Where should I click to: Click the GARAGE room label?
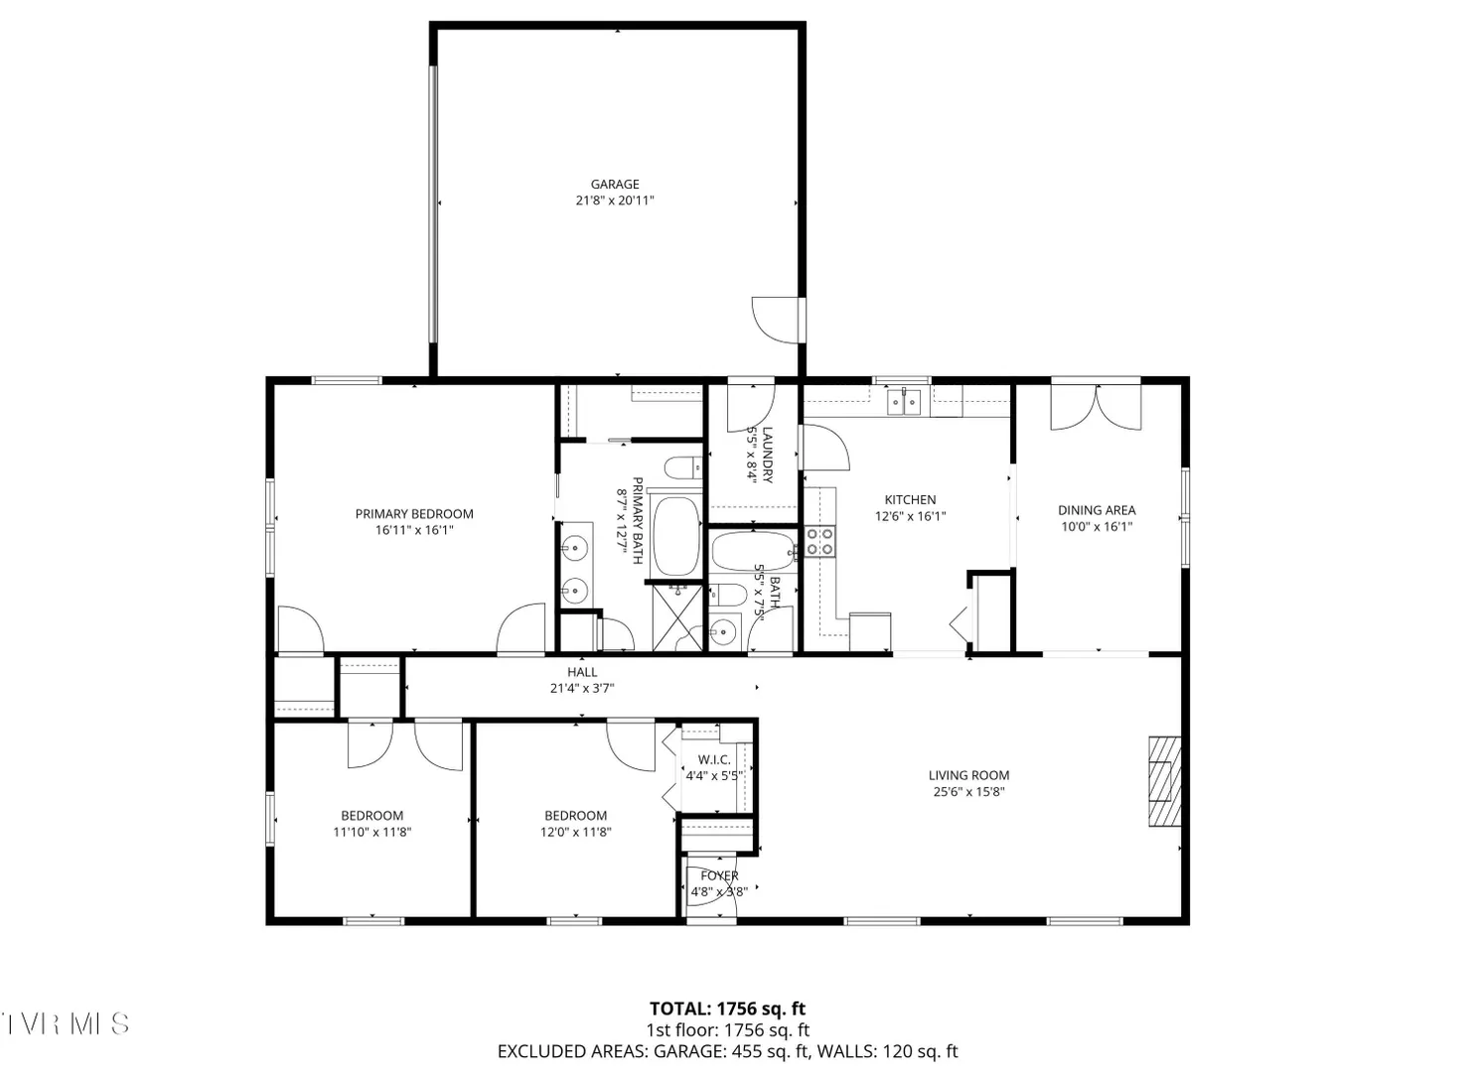(x=615, y=185)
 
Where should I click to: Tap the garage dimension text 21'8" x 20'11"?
(x=615, y=201)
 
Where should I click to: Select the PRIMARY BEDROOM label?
(x=414, y=513)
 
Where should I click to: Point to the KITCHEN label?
(x=910, y=500)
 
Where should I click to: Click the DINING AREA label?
(x=1097, y=509)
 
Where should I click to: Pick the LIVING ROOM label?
(x=968, y=775)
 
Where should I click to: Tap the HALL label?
(x=582, y=672)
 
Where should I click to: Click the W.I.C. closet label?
(x=714, y=759)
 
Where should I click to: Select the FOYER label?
(x=719, y=876)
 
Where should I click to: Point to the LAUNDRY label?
(x=767, y=456)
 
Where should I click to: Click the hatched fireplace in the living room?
(x=1165, y=781)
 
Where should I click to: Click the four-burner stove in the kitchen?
(x=819, y=542)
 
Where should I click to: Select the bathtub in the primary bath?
(x=676, y=537)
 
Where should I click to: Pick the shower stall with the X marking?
(x=677, y=618)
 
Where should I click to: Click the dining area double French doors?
(x=1096, y=406)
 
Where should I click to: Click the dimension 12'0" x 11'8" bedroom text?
(x=576, y=832)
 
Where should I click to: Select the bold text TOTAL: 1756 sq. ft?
(x=727, y=1008)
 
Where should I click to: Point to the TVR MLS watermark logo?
(x=65, y=1023)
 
